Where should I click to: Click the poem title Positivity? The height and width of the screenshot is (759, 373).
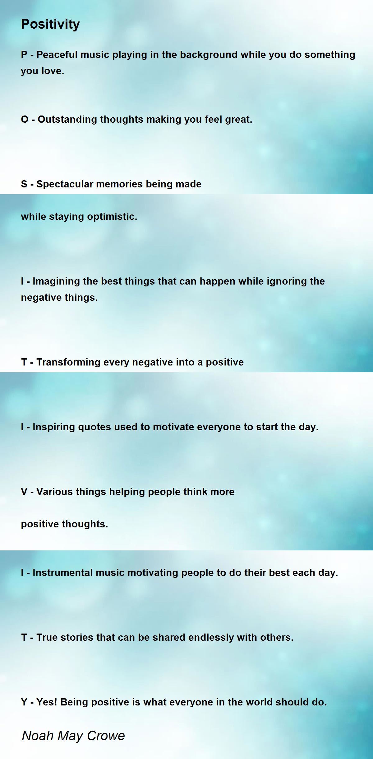point(50,24)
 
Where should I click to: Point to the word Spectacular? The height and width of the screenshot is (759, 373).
point(65,184)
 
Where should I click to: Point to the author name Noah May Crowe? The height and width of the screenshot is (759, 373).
point(73,735)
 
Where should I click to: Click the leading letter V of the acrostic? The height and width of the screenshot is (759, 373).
point(24,492)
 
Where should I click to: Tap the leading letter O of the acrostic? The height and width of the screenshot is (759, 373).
point(25,120)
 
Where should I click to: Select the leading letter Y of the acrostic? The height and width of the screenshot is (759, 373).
point(24,702)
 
